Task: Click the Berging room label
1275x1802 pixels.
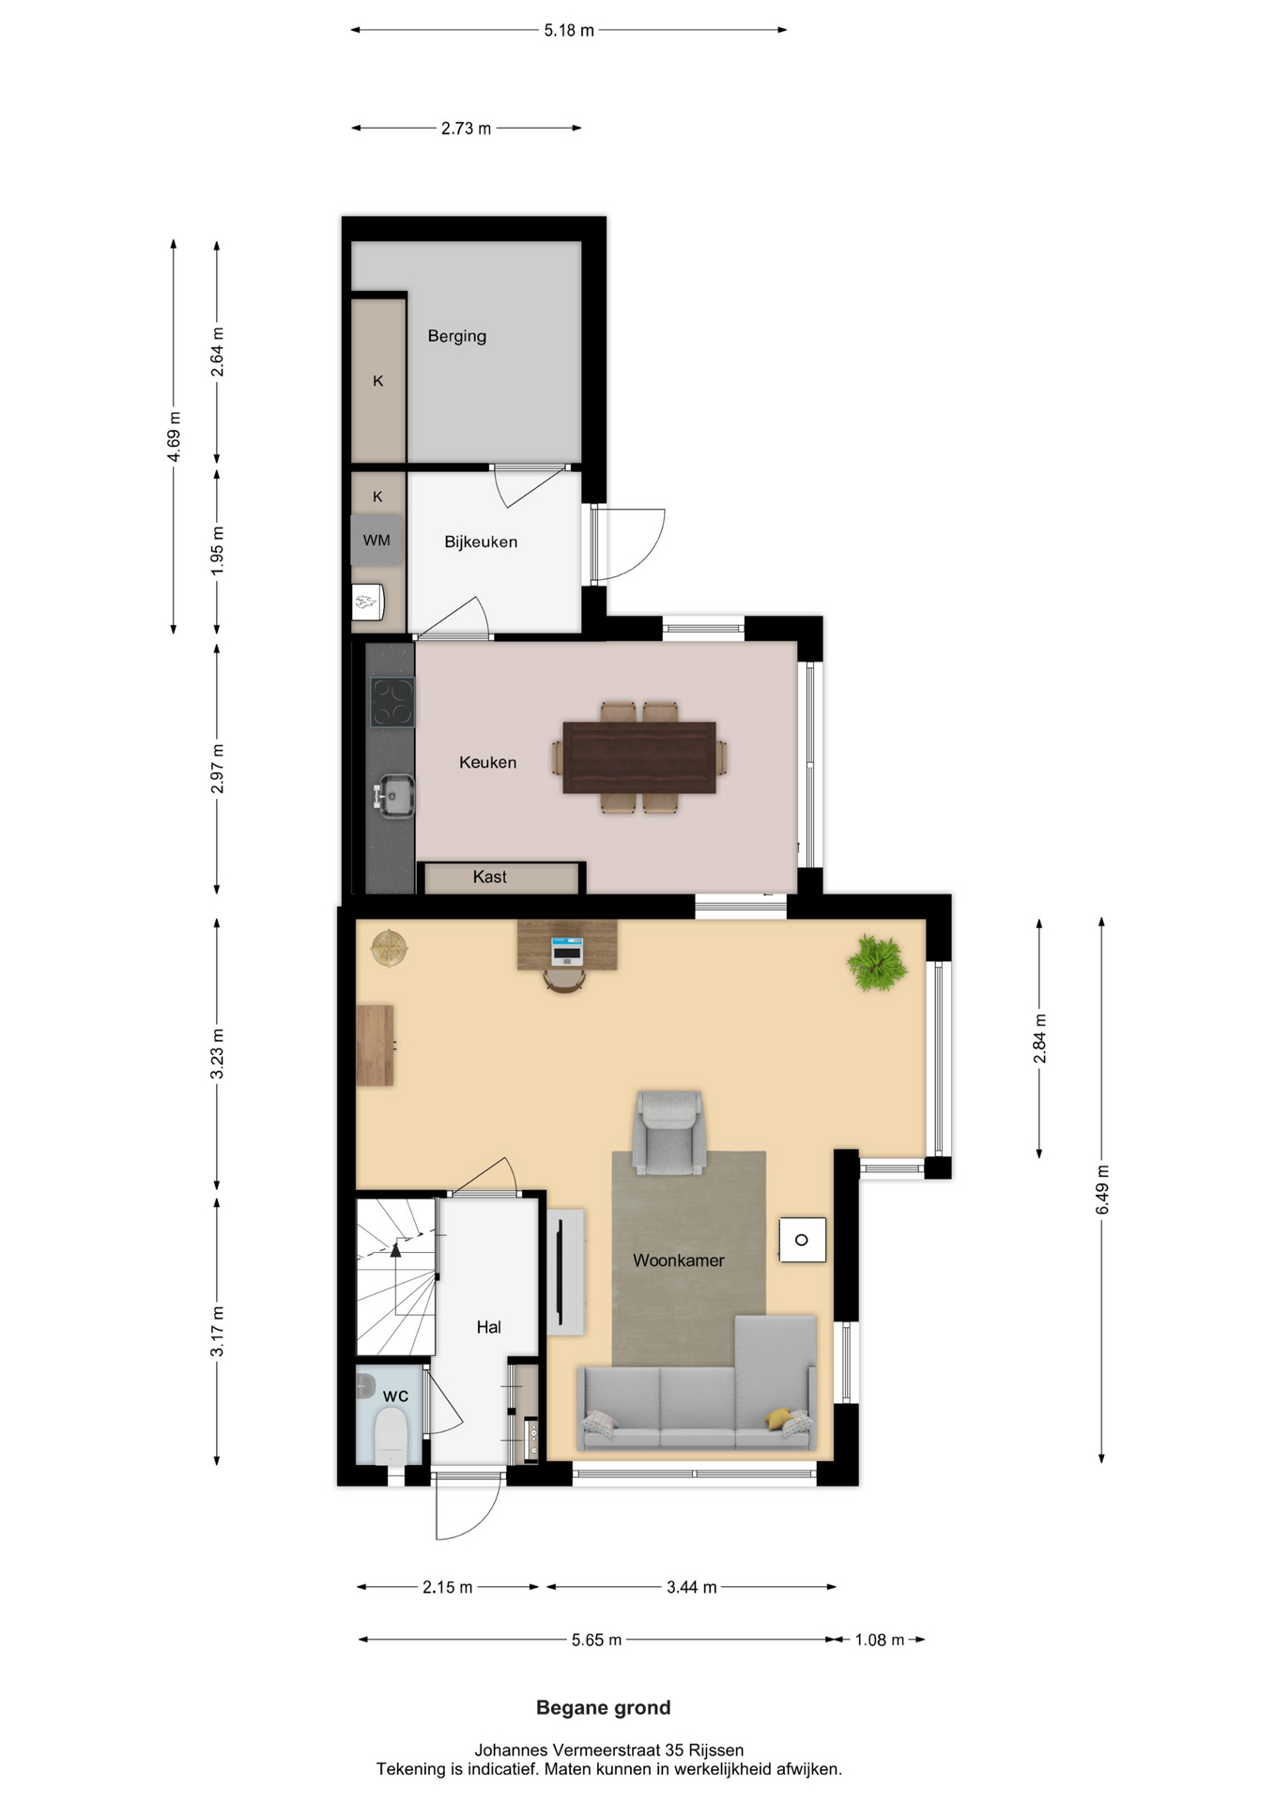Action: (x=457, y=336)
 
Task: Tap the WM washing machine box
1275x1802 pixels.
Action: (x=376, y=540)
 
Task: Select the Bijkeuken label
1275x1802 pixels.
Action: (x=481, y=542)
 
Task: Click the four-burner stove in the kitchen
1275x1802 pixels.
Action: (x=392, y=702)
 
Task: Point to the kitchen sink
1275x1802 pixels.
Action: (x=394, y=796)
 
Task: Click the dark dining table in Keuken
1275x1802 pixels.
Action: (x=639, y=757)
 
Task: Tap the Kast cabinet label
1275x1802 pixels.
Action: (x=489, y=877)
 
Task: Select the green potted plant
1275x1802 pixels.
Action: (x=877, y=963)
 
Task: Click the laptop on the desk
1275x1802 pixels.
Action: (x=566, y=951)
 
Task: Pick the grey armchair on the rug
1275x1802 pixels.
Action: (x=668, y=1132)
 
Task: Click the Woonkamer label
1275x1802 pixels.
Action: (x=679, y=1260)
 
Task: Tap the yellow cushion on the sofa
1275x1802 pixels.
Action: (x=778, y=1418)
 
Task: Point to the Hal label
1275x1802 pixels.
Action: (x=488, y=1327)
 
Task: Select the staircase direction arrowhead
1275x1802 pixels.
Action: (x=396, y=1249)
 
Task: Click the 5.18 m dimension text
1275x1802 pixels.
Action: (x=569, y=30)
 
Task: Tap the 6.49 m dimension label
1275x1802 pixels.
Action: (x=1102, y=1190)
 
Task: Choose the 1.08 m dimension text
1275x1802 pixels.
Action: (x=880, y=1640)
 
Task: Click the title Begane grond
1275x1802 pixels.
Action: (x=604, y=1707)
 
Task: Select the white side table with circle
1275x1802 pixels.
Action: (x=803, y=1240)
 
